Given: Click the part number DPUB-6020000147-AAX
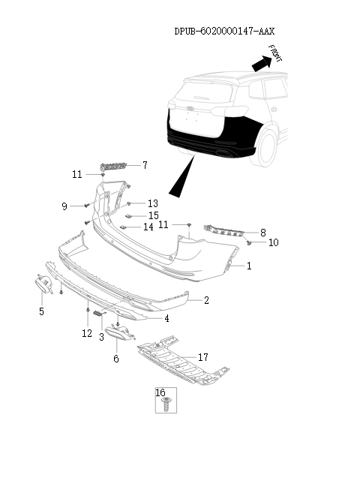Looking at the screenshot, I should pos(224,32).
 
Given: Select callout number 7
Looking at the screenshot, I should pos(145,165).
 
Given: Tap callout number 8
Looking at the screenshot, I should pos(262,232).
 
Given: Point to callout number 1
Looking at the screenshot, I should pos(249,266).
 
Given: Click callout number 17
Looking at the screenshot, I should pos(203,357).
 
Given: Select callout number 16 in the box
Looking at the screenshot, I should pos(160,392).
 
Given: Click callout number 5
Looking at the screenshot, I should pos(41,311).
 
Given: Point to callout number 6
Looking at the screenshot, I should pos(116,359).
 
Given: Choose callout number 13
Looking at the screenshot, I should pos(153,203).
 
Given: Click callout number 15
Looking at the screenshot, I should pos(153,215).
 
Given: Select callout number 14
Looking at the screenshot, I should pos(148,227).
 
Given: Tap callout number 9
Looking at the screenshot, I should pos(64,206).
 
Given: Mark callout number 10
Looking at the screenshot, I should pos(273,242).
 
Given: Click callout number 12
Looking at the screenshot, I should pos(87,332).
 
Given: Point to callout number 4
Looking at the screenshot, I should pos(166,318).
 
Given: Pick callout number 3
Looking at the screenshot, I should pos(101,337).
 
